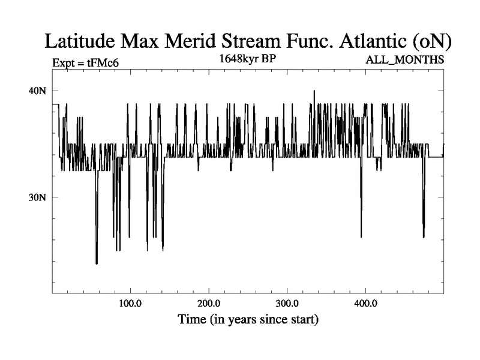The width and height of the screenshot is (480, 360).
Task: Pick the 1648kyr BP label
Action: point(247,59)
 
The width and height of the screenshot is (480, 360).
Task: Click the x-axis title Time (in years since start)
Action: point(248,319)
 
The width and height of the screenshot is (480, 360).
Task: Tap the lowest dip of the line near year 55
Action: point(96,263)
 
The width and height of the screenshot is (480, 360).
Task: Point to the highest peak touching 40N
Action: point(314,91)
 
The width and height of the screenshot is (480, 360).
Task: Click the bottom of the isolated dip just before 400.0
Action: point(361,237)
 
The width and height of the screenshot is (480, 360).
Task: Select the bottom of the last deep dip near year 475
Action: point(424,238)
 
